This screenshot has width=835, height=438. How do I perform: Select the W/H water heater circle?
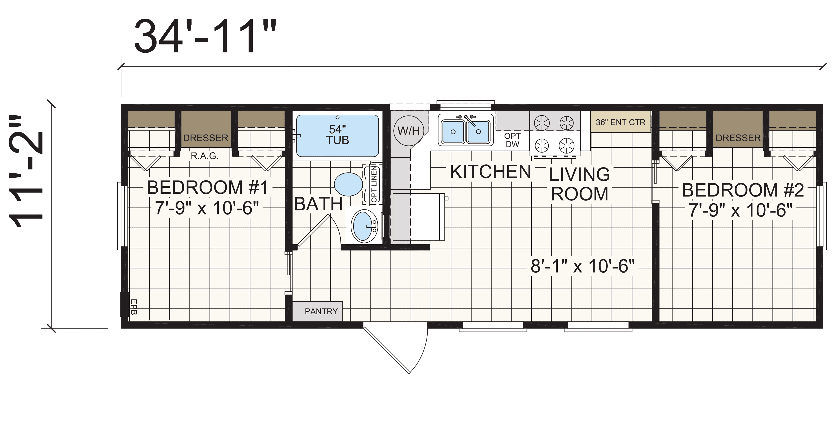click(408, 131)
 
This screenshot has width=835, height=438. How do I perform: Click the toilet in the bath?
click(349, 184)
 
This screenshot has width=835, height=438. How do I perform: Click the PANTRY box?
click(318, 311)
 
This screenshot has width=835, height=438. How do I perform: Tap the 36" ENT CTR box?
click(620, 122)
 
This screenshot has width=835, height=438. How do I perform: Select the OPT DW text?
click(512, 140)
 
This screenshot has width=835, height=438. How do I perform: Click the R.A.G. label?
click(205, 156)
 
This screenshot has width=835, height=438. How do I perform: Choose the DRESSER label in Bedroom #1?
click(205, 138)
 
